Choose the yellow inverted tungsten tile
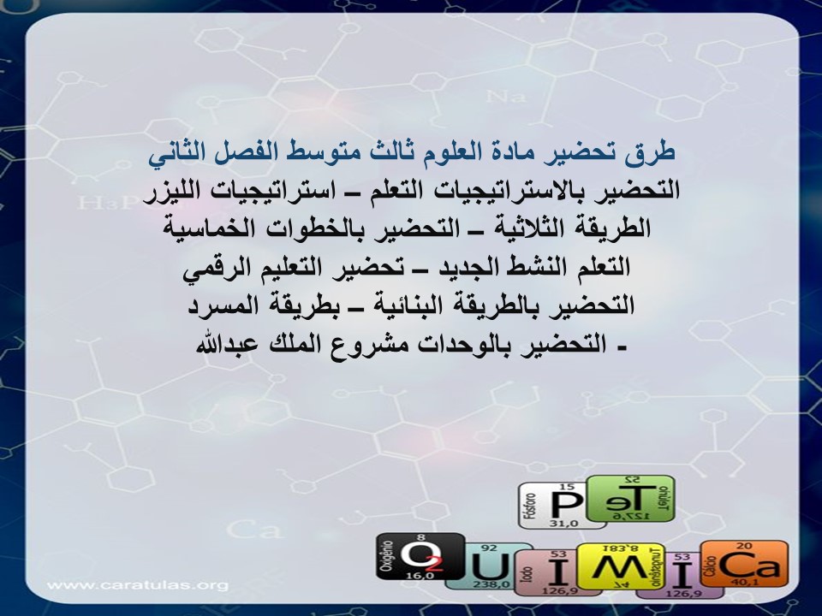tap(614, 567)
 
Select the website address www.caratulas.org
tap(138, 585)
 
